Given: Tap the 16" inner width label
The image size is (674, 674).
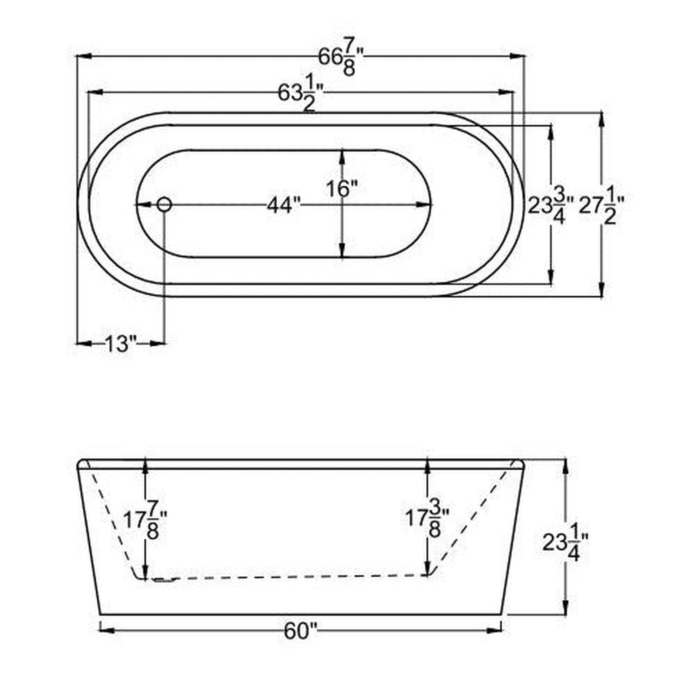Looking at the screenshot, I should pyautogui.click(x=342, y=189).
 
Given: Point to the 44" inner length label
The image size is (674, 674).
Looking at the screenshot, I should pyautogui.click(x=284, y=206).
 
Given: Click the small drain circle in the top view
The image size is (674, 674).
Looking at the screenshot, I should pyautogui.click(x=164, y=204).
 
